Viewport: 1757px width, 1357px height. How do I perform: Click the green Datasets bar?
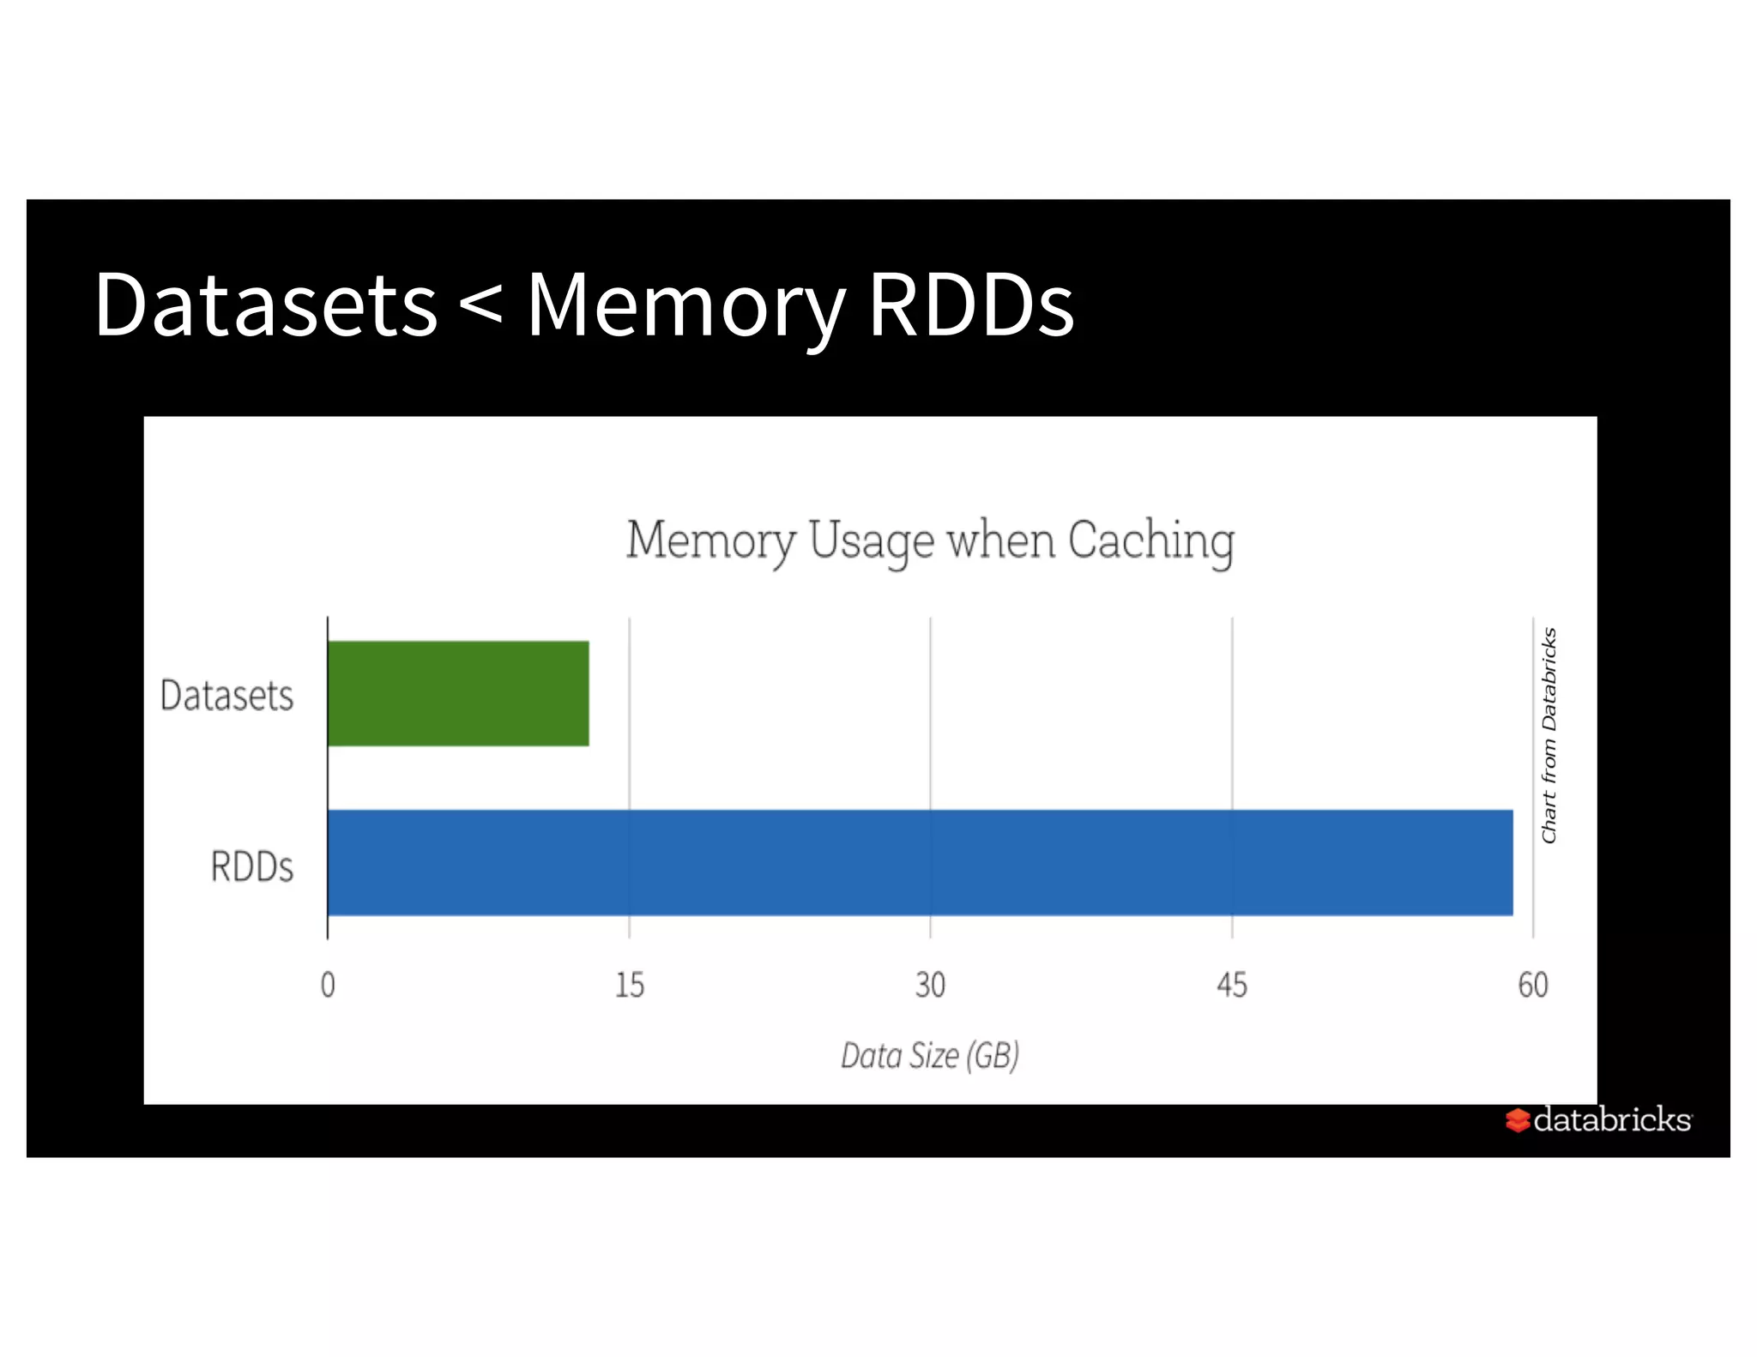tap(458, 693)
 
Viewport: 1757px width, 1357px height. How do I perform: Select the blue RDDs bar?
tap(919, 862)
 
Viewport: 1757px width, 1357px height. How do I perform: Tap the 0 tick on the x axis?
tap(328, 985)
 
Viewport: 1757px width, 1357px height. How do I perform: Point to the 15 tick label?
tap(629, 985)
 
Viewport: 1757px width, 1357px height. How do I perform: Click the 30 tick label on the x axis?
tap(930, 985)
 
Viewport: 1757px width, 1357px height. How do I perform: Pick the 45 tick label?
tap(1231, 985)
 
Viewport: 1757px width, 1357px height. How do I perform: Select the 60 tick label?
tap(1532, 985)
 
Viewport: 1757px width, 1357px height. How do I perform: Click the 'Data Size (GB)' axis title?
tap(930, 1056)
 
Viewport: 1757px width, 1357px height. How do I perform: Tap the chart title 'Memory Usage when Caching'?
tap(930, 541)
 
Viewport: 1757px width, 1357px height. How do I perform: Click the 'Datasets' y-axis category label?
tap(226, 695)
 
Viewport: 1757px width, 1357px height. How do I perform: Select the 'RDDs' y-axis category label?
tap(251, 866)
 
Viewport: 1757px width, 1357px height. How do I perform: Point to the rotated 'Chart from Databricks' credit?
tap(1549, 735)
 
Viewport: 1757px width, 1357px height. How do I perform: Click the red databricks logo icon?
tap(1517, 1120)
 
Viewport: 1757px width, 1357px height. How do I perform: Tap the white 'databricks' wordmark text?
tap(1612, 1119)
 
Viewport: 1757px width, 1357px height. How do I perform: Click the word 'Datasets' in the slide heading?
tap(266, 305)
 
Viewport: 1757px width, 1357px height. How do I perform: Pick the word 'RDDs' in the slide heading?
tap(971, 305)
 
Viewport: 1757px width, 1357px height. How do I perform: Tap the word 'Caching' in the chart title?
tap(1150, 541)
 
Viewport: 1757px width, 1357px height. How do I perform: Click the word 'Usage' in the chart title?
tap(871, 541)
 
